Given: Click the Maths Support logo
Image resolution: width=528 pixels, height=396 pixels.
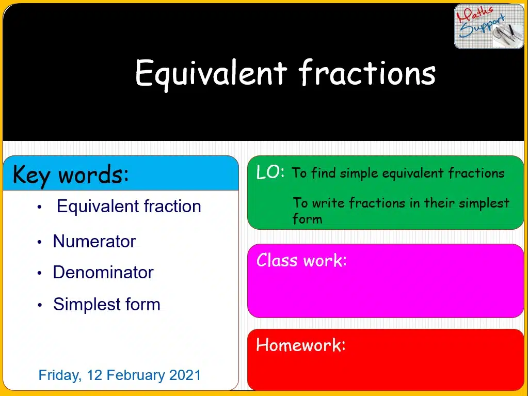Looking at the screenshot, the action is coord(489,26).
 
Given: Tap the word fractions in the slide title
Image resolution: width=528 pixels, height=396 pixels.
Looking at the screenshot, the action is coord(367,72).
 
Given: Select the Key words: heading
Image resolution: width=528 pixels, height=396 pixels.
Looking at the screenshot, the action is coord(71,175).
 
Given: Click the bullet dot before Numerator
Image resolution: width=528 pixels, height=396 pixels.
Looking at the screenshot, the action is coord(39,242).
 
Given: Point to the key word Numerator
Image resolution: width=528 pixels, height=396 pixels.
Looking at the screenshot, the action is coord(94,241).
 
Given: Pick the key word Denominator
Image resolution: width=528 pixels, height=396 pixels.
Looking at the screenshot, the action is coord(103,272).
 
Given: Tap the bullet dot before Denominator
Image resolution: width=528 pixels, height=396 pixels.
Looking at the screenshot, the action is coord(39,273).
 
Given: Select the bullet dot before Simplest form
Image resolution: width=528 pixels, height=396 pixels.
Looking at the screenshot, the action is coord(39,305).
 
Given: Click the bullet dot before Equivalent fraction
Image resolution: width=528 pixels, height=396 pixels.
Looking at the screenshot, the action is coord(39,207).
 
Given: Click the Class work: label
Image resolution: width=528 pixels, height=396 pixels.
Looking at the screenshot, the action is coord(301,260).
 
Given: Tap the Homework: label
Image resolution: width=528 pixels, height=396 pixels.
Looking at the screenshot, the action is coord(301,345).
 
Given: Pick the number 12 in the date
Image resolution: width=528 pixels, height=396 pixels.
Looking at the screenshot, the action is coord(94,375).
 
